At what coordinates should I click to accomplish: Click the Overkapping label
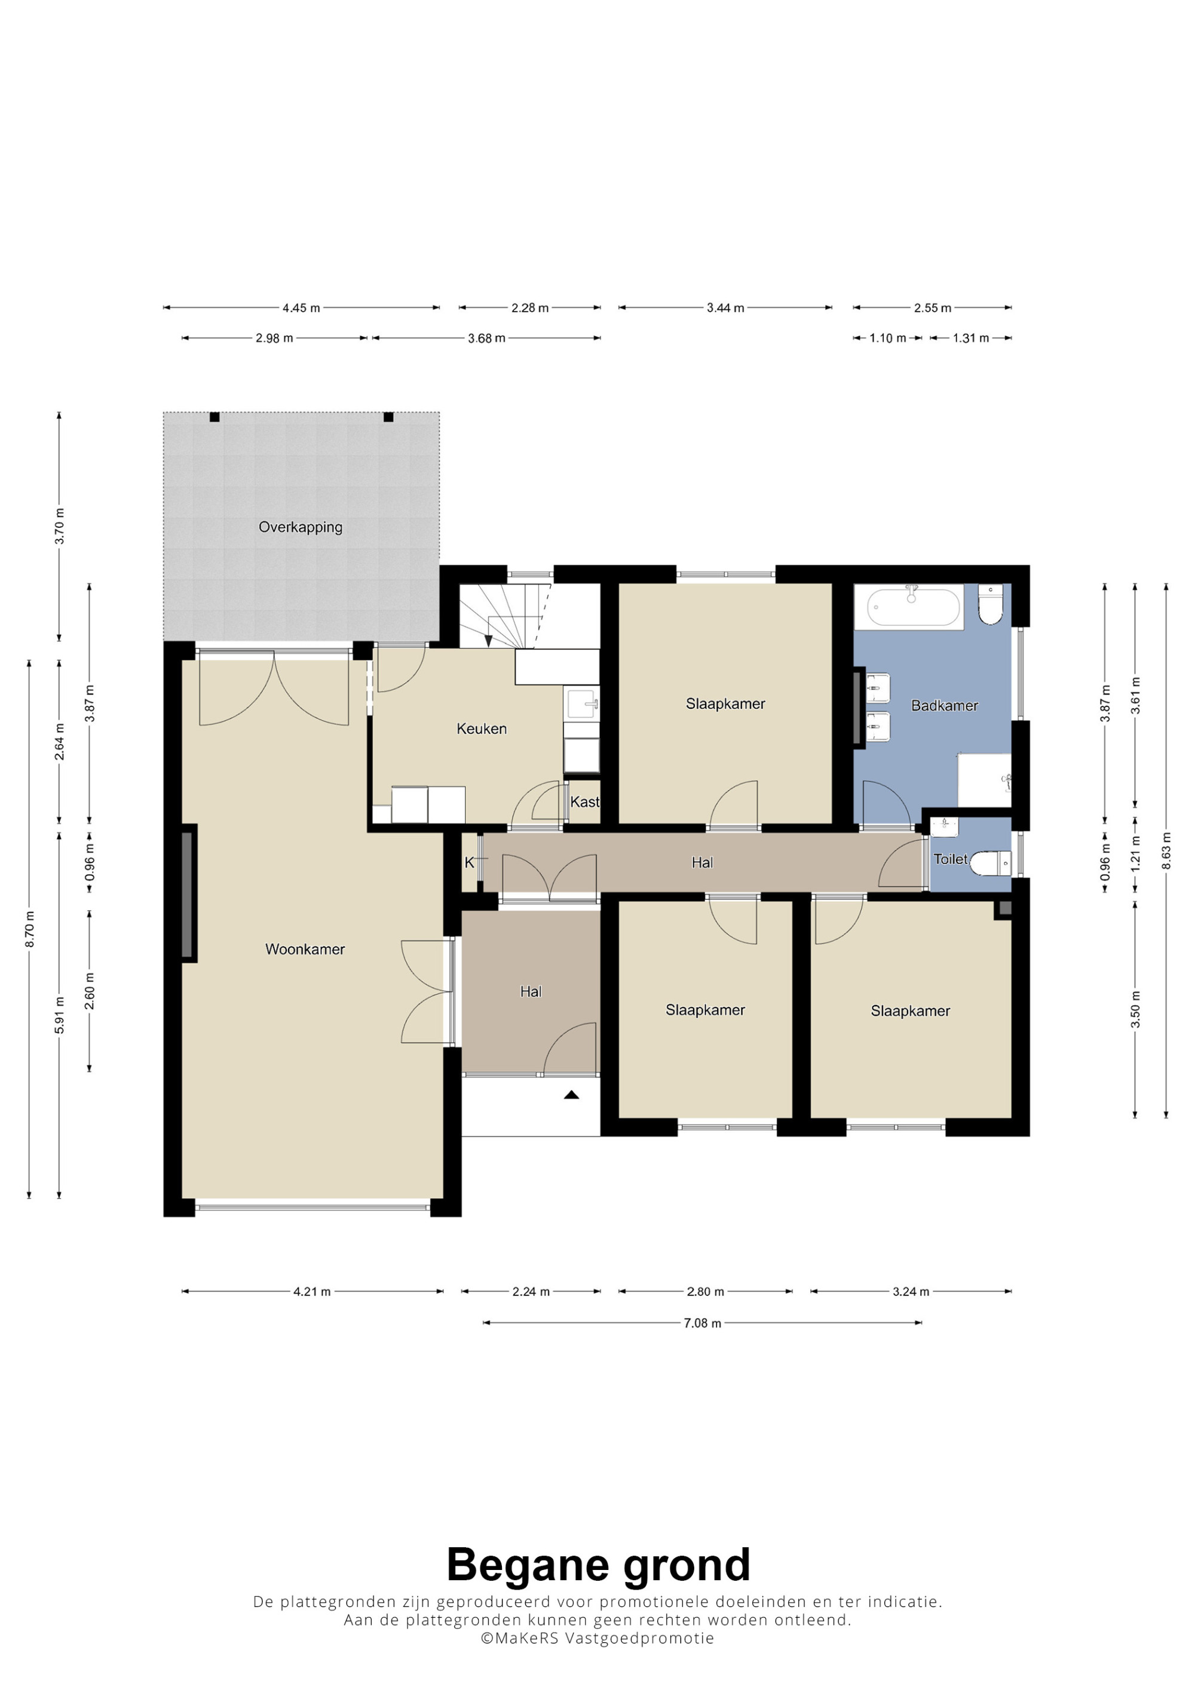pyautogui.click(x=301, y=527)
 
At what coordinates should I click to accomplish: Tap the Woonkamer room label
pyautogui.click(x=305, y=950)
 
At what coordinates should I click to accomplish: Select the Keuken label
pyautogui.click(x=482, y=729)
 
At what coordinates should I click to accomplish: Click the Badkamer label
pyautogui.click(x=945, y=705)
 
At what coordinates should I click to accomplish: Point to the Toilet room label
pyautogui.click(x=951, y=859)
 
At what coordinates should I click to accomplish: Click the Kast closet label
pyautogui.click(x=584, y=801)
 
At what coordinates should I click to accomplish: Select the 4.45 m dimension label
pyautogui.click(x=301, y=308)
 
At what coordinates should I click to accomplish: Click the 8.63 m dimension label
pyautogui.click(x=1166, y=850)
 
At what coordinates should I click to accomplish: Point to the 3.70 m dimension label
pyautogui.click(x=60, y=526)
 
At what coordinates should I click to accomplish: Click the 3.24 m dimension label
pyautogui.click(x=911, y=1291)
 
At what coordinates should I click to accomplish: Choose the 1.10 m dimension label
pyautogui.click(x=888, y=338)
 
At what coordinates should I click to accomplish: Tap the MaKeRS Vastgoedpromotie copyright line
pyautogui.click(x=597, y=1637)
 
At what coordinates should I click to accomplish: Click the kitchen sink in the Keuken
pyautogui.click(x=582, y=703)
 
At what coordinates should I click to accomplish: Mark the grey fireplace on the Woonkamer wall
pyautogui.click(x=188, y=892)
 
